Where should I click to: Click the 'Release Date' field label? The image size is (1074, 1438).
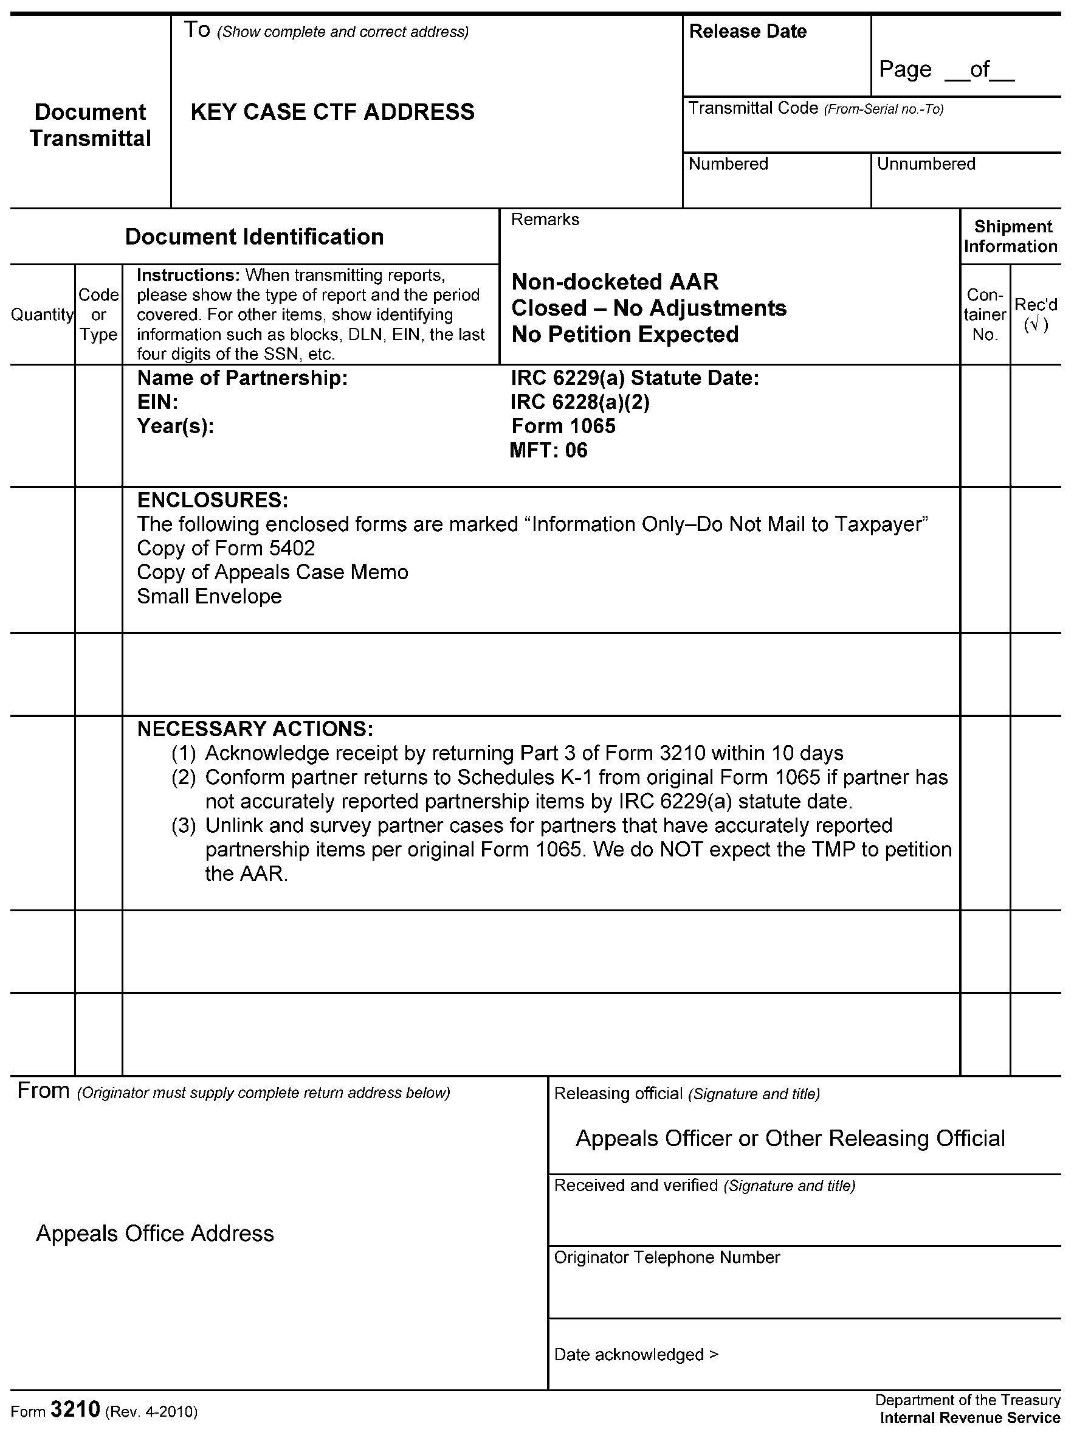tap(747, 31)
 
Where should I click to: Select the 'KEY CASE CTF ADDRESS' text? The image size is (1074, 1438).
tap(332, 112)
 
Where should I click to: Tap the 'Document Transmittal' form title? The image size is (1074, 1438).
tap(91, 125)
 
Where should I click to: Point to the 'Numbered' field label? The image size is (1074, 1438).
tap(728, 164)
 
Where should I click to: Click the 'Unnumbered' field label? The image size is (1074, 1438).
tap(926, 164)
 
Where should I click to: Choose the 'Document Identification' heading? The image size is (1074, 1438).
tap(254, 237)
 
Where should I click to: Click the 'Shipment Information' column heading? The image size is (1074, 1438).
tap(1011, 237)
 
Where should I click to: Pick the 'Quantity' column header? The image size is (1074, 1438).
tap(42, 314)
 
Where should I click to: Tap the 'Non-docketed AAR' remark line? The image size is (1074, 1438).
tap(614, 282)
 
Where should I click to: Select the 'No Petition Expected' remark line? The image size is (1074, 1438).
tap(625, 334)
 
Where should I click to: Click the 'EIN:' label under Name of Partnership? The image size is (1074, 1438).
tap(157, 401)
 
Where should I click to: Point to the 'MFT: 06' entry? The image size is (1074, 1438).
tap(548, 450)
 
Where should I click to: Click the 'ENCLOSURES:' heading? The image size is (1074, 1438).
tap(213, 500)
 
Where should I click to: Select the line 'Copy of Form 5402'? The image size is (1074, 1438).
tap(225, 548)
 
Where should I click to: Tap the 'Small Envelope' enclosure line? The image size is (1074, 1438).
tap(209, 596)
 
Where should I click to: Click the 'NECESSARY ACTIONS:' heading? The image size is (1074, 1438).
tap(255, 729)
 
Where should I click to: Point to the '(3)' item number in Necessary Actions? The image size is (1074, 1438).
tap(183, 825)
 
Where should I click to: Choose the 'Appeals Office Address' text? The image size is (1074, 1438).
tap(154, 1234)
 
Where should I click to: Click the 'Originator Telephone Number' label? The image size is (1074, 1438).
tap(667, 1257)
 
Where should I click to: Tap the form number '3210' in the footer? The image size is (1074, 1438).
tap(75, 1409)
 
